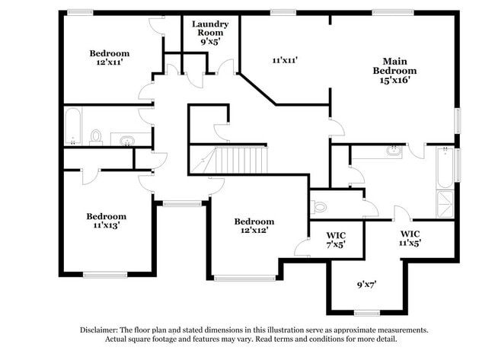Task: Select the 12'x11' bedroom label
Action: click(110, 58)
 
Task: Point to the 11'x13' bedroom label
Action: click(106, 220)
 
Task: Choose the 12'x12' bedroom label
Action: click(254, 225)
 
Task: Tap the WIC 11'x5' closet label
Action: click(410, 238)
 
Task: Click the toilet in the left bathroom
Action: click(96, 136)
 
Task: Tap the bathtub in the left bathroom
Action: click(72, 127)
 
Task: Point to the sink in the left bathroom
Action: click(126, 139)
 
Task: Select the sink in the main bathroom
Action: click(393, 150)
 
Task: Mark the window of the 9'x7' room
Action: click(366, 313)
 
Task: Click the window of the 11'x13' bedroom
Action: click(104, 275)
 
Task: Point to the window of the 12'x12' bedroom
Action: click(244, 278)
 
